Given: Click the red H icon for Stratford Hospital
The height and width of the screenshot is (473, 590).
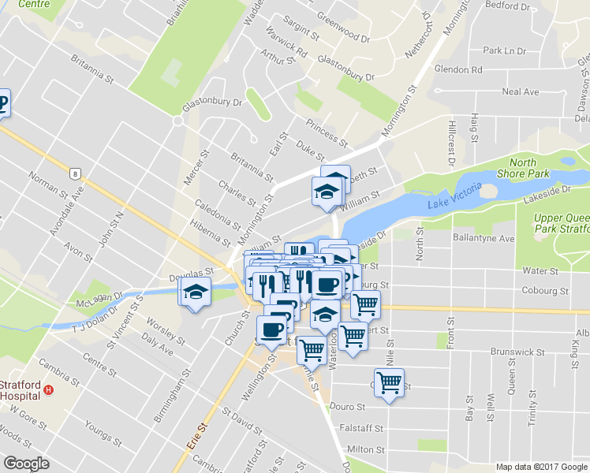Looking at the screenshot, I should tap(49, 389).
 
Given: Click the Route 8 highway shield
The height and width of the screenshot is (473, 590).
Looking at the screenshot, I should tap(75, 173).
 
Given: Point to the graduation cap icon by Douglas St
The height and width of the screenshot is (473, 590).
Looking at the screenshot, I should tap(194, 292).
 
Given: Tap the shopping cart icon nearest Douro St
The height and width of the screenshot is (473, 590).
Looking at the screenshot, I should tap(389, 383).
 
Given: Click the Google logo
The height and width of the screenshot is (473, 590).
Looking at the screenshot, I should tap(26, 464).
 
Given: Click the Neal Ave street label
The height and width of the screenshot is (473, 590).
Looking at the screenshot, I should tap(520, 92).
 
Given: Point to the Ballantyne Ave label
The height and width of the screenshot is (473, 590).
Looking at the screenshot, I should tap(484, 238).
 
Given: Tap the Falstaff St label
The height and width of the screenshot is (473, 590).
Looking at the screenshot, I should tap(362, 429).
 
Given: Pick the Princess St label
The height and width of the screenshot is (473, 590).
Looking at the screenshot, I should tap(327, 133).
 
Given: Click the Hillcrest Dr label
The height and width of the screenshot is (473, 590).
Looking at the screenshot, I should tap(452, 142).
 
